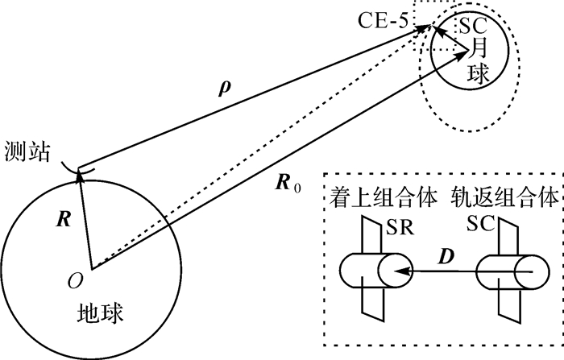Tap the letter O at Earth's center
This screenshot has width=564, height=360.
coord(75,279)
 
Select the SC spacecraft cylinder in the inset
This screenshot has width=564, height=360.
coord(508,275)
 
